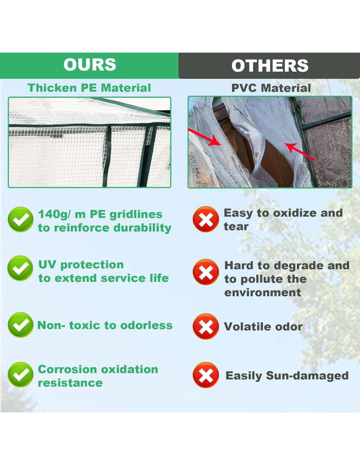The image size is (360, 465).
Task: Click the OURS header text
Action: pyautogui.click(x=90, y=64)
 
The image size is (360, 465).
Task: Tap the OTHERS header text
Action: pyautogui.click(x=270, y=65)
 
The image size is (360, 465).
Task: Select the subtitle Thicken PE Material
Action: pyautogui.click(x=89, y=88)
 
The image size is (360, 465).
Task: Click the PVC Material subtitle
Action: pyautogui.click(x=271, y=88)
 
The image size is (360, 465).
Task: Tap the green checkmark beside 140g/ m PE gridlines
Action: pyautogui.click(x=20, y=219)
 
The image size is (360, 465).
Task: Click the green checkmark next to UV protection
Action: pyautogui.click(x=20, y=268)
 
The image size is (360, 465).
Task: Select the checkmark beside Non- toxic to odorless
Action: pyautogui.click(x=20, y=325)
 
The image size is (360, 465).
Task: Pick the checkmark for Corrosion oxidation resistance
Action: pyautogui.click(x=20, y=375)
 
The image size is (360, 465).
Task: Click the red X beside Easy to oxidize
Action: pyautogui.click(x=206, y=219)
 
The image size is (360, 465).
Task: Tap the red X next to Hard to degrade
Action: pyautogui.click(x=206, y=272)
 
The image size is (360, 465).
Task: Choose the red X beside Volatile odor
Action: pyautogui.click(x=206, y=326)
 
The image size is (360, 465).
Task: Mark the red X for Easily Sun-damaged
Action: pyautogui.click(x=206, y=375)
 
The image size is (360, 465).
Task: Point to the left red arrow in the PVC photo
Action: pyautogui.click(x=206, y=137)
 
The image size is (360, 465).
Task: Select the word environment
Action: pyautogui.click(x=263, y=293)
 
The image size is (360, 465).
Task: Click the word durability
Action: pyautogui.click(x=142, y=228)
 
